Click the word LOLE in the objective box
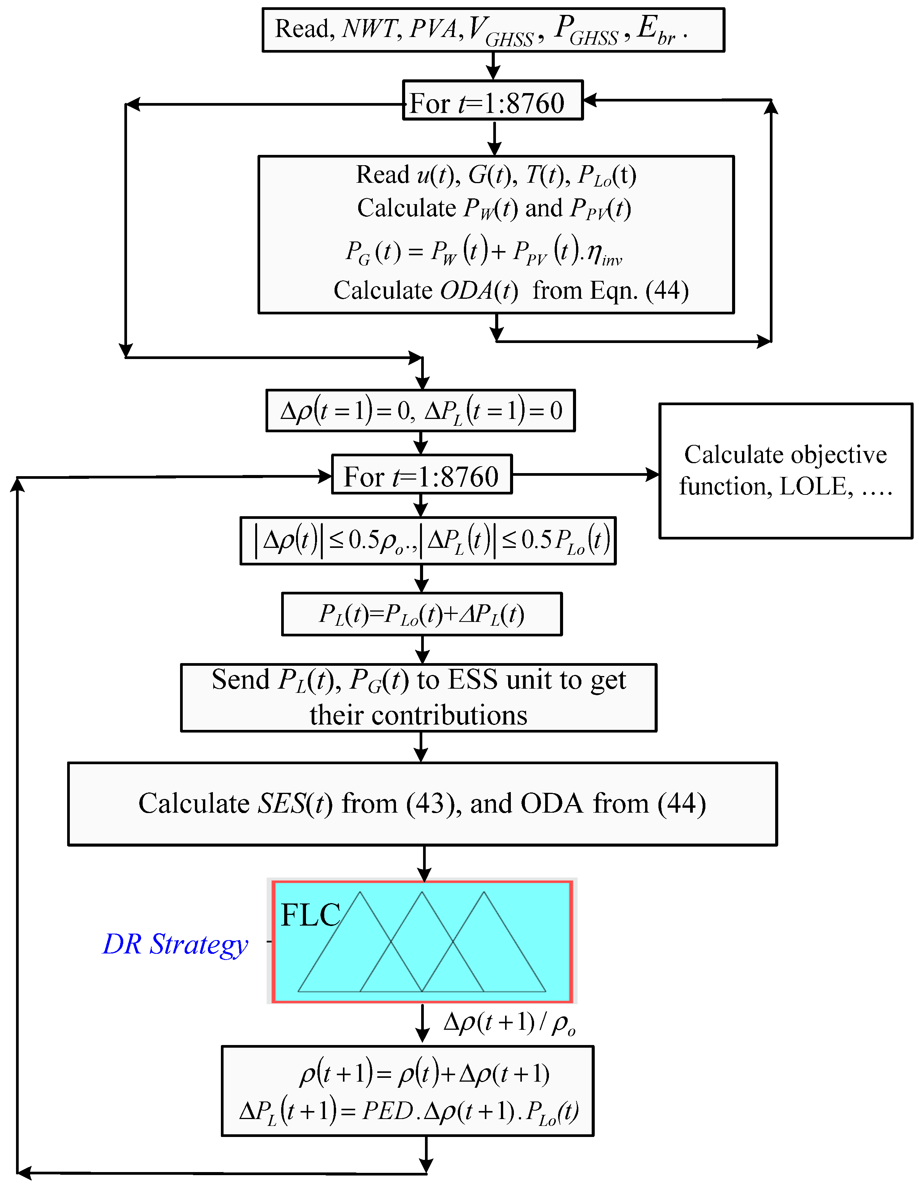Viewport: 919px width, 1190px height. [x=816, y=486]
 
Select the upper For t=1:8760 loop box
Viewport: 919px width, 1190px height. [x=492, y=101]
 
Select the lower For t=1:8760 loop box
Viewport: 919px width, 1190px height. [x=422, y=475]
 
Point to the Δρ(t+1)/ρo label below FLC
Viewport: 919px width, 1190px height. [x=509, y=1023]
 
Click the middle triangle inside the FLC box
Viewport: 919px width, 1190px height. [x=422, y=948]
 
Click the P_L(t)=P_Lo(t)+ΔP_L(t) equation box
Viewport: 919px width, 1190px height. [x=422, y=614]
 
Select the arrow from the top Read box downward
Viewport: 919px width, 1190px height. [x=493, y=66]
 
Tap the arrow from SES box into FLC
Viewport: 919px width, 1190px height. [x=424, y=864]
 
